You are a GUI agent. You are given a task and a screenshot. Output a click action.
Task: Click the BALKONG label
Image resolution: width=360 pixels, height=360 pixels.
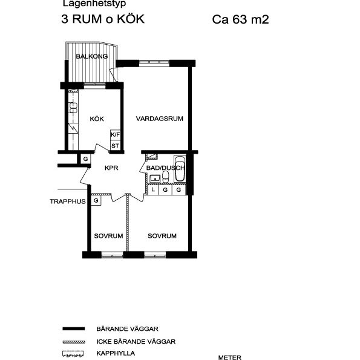[92, 57]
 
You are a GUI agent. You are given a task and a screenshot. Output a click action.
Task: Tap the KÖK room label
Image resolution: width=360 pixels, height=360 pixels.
[97, 119]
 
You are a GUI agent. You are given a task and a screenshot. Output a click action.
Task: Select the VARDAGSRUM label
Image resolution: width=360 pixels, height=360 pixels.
[159, 119]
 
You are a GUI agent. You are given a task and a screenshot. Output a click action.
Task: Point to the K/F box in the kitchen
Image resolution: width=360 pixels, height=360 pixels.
[115, 135]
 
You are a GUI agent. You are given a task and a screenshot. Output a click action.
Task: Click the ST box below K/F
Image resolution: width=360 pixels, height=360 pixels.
[115, 145]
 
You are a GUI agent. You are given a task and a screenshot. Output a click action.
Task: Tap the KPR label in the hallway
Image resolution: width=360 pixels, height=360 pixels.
[111, 168]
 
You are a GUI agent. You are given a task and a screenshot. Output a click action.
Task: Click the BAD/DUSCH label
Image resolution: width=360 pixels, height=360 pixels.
[165, 168]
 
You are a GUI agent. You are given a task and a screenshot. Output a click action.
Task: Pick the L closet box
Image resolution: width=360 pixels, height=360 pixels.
[153, 190]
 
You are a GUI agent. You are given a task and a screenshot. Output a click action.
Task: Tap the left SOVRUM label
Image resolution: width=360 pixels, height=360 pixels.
[108, 235]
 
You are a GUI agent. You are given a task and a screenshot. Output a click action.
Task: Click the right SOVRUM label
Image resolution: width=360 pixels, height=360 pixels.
[162, 235]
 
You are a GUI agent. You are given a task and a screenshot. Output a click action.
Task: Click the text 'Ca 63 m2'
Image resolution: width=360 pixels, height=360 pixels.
[240, 19]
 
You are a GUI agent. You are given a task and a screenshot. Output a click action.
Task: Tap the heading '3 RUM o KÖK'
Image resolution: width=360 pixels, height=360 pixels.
[103, 19]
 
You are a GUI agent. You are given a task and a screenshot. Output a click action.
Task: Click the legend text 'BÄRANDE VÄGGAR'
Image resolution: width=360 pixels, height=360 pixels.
[127, 329]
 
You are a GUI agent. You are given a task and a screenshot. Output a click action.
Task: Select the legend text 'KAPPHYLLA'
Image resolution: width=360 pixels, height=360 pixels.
[115, 353]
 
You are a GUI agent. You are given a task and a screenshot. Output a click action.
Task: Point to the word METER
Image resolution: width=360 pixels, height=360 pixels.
[230, 357]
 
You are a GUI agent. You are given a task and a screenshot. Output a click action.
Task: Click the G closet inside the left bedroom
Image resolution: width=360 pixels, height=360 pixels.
[96, 200]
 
